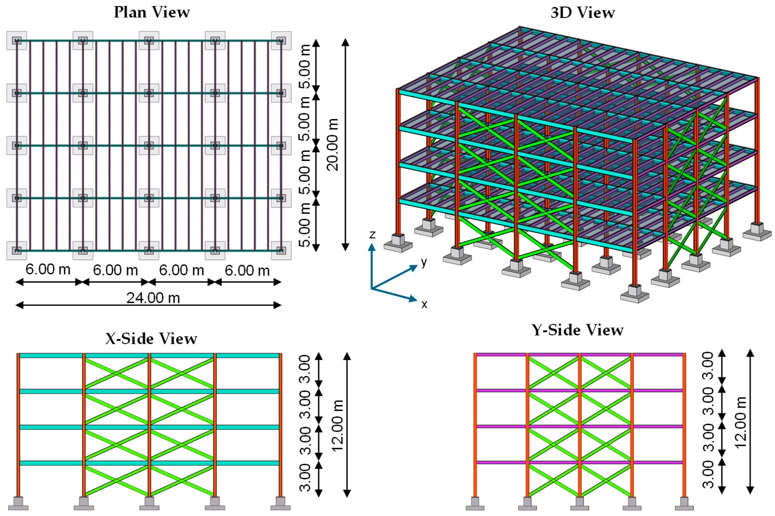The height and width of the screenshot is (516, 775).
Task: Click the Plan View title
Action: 152,13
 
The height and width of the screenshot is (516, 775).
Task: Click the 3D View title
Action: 583,13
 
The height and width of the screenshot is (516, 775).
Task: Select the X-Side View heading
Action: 151,338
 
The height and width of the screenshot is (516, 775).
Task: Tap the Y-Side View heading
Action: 578,330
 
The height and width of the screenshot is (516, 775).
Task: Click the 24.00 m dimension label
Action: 153,298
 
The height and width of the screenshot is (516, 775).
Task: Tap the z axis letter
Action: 372,234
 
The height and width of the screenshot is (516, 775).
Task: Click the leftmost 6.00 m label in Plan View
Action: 48,270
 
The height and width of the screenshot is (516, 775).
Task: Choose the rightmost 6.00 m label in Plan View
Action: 247,271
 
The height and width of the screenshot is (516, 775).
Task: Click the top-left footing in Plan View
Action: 17,41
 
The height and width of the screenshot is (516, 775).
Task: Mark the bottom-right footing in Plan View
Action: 281,250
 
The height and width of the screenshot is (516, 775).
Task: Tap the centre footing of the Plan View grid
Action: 149,146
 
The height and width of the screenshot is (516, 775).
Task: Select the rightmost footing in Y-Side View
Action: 684,503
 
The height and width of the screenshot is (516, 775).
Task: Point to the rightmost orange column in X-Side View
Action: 280,424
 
